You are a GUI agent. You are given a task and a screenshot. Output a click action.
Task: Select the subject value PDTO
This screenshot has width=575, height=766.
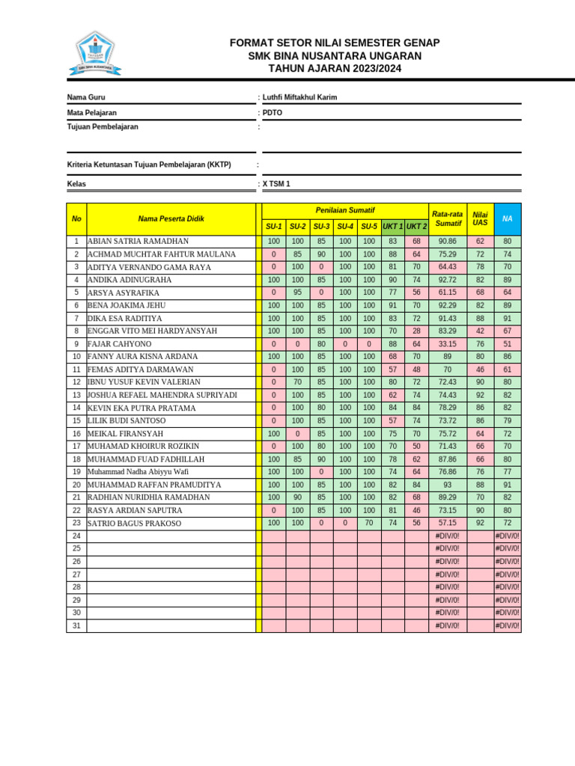[x=273, y=112]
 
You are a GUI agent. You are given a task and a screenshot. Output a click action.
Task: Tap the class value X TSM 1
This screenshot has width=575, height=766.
[x=276, y=183]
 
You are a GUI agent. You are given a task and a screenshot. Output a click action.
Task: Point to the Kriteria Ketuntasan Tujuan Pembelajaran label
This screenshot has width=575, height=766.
[x=149, y=165]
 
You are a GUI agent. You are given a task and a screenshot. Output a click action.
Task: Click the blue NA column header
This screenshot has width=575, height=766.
[x=507, y=218]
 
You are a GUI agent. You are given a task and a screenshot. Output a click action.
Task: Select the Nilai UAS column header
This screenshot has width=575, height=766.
[x=479, y=218]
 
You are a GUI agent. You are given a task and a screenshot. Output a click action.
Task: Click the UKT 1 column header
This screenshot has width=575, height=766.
[x=392, y=227]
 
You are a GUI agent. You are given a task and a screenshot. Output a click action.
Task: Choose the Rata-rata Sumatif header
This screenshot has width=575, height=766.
[x=448, y=218]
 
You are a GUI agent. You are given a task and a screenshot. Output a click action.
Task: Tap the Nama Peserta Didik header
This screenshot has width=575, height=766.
[x=171, y=218]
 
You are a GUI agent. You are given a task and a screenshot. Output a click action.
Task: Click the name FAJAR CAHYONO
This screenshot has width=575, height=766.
[x=119, y=344]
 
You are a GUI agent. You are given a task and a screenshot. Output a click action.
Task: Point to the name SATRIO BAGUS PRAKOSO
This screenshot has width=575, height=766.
[x=134, y=524]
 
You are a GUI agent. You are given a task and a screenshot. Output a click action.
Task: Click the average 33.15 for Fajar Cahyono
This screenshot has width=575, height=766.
[x=447, y=344]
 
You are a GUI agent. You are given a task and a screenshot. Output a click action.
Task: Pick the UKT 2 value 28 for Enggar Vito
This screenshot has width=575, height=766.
[x=416, y=331]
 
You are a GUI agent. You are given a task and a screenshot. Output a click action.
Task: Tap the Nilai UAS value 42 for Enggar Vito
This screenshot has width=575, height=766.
[x=479, y=331]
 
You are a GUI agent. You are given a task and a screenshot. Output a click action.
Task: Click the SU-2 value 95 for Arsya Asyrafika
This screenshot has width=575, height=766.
[x=297, y=292]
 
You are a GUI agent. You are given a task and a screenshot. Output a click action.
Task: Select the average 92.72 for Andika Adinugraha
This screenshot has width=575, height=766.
[x=447, y=280]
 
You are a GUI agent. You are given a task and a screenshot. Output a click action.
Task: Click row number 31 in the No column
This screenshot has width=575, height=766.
[x=76, y=625]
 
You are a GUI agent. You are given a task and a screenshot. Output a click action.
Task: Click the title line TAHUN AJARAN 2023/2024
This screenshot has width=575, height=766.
[x=335, y=69]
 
